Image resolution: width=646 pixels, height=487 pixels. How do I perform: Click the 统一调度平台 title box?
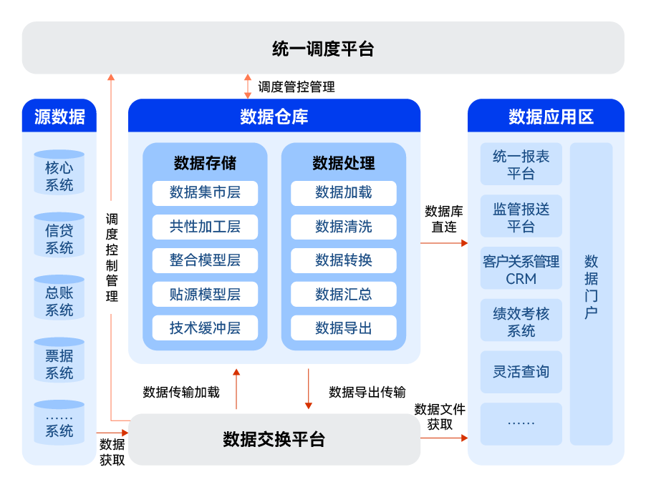pos(323,48)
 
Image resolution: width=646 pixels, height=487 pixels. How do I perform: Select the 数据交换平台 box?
pos(274,439)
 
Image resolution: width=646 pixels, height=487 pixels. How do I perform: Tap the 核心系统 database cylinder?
pos(59,176)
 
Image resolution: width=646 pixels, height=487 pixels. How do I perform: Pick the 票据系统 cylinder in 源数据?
pos(59,364)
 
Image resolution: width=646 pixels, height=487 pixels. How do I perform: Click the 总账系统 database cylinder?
pos(59,301)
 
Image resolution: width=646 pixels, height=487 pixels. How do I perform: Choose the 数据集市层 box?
pos(205,192)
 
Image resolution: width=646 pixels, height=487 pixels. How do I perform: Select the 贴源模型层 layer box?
pos(205,294)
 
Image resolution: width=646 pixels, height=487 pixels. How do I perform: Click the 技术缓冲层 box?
pos(205,328)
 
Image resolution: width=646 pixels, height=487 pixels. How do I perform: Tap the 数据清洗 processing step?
pos(344,227)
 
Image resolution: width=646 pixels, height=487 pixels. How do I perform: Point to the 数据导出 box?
pos(344,328)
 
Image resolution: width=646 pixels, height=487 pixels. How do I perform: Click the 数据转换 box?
pos(344,260)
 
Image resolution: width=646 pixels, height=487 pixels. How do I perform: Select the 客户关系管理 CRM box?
pos(521,270)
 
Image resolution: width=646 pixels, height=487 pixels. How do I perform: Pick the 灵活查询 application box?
pos(521,372)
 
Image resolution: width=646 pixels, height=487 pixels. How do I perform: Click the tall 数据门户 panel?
pos(592,293)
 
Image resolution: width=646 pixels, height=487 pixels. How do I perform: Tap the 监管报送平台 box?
pos(521,217)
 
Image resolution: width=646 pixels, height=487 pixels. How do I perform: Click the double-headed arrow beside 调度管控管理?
pos(248,86)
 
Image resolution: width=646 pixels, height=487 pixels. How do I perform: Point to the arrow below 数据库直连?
pos(443,243)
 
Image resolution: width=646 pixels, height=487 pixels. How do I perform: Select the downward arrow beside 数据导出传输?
pos(309,389)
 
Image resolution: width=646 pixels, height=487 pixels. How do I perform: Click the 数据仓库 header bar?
pos(274,116)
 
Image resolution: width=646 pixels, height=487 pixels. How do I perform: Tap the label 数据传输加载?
pos(181,392)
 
